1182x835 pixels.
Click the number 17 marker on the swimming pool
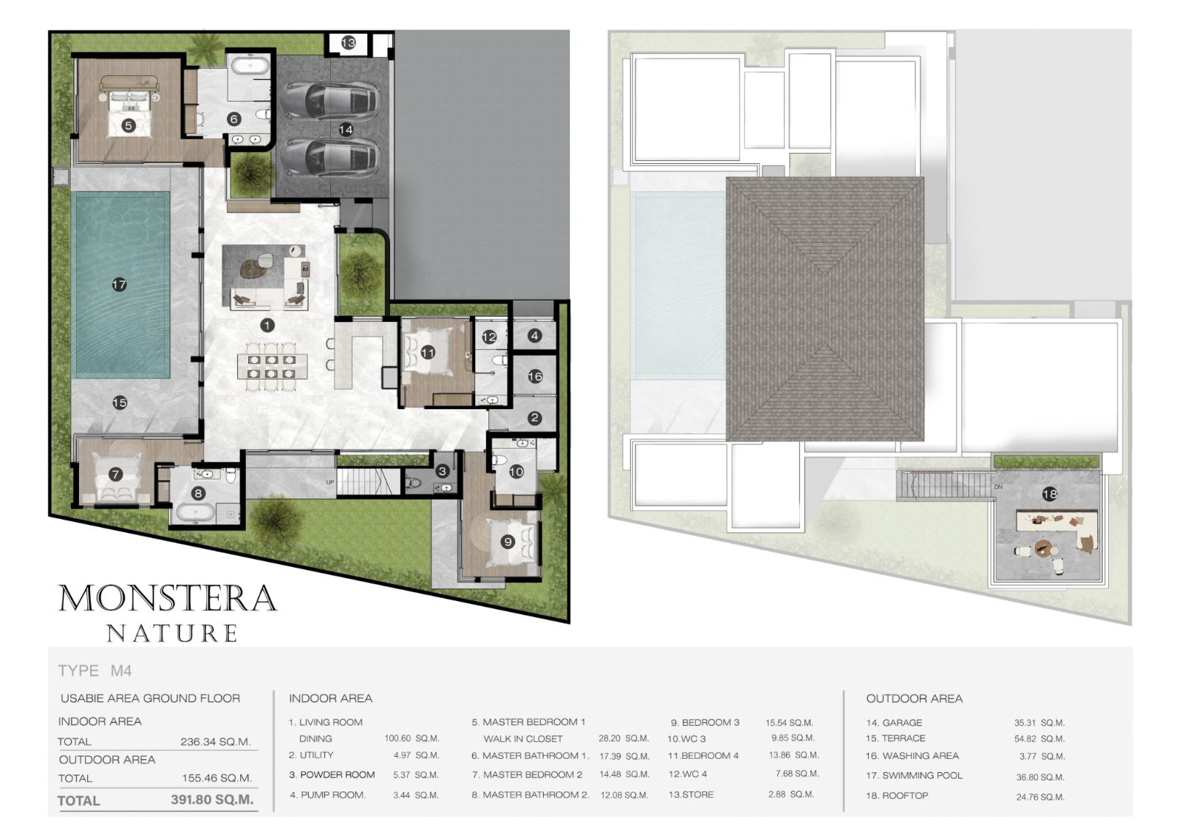[119, 285]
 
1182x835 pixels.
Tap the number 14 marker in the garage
[346, 129]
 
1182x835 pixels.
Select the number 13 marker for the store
[348, 43]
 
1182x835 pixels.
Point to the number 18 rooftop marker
[1050, 494]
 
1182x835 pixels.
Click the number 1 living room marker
[267, 325]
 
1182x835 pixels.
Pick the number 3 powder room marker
[443, 471]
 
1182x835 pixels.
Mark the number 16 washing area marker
[535, 376]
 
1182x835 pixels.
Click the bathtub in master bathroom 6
[250, 66]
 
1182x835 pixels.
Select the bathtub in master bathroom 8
[195, 512]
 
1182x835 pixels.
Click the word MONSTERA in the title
[167, 597]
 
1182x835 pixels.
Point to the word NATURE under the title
[172, 633]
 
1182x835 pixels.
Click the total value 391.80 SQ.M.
[212, 800]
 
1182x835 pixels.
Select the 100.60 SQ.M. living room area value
[411, 738]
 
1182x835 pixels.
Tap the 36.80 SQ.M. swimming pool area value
[1040, 777]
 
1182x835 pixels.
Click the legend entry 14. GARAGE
[894, 723]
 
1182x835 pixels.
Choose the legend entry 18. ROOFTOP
[897, 795]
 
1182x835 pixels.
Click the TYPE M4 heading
[95, 671]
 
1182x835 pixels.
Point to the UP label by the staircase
[329, 482]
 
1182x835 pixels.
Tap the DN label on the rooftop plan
[998, 487]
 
